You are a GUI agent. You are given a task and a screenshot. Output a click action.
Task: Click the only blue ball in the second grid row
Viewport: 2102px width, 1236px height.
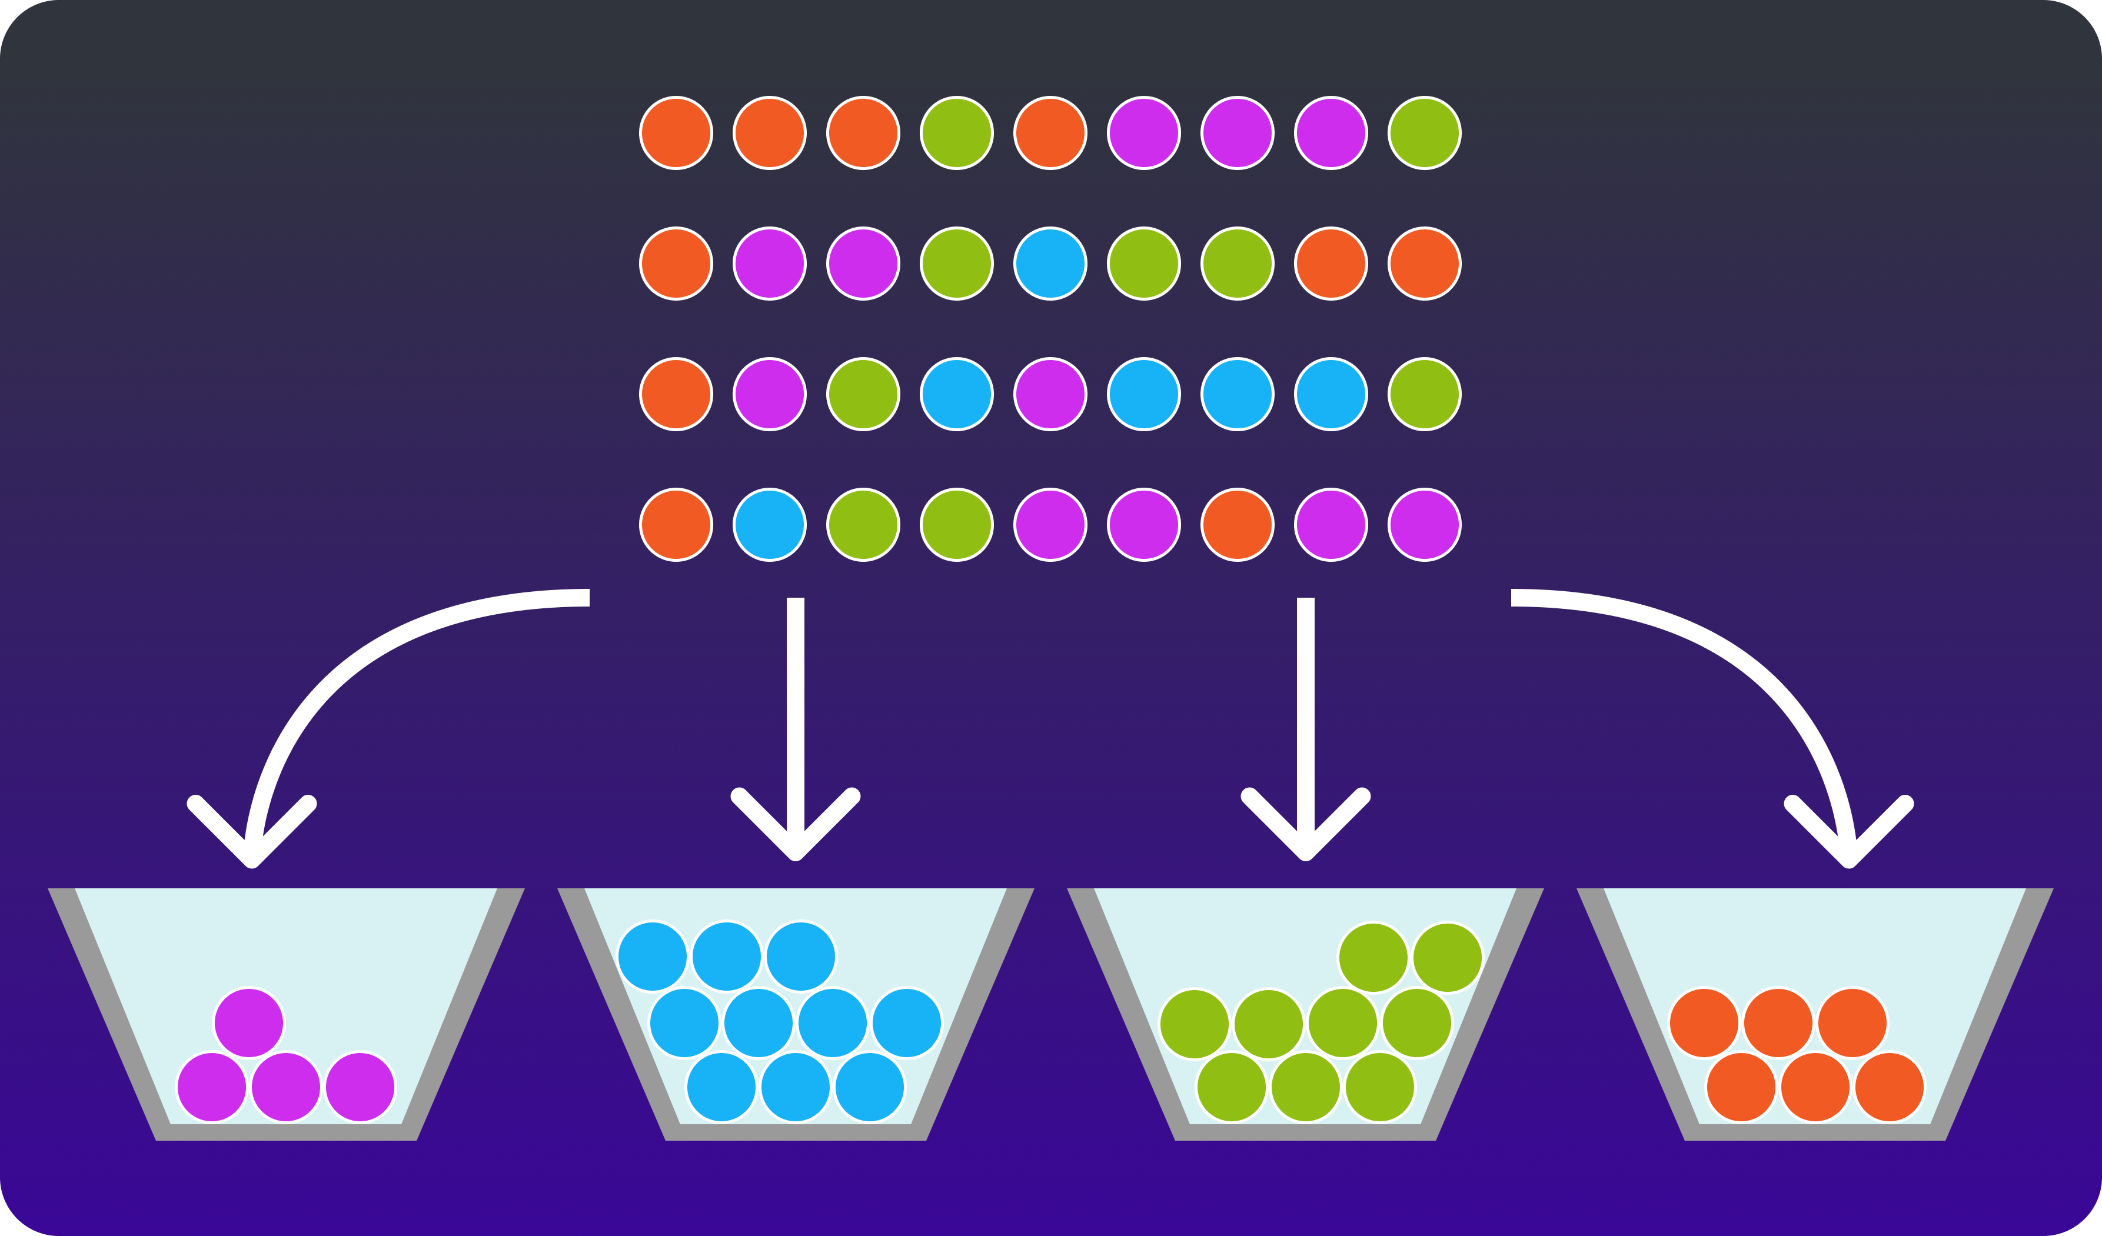tap(1050, 264)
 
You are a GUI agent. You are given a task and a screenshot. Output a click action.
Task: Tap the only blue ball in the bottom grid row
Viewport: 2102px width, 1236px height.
tap(769, 525)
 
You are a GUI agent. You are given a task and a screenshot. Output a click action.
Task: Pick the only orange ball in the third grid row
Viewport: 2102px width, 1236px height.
tap(676, 394)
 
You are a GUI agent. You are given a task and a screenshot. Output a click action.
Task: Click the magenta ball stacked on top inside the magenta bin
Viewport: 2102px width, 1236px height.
tap(248, 1022)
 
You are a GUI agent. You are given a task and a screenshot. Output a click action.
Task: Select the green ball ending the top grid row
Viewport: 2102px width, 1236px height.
tap(1424, 132)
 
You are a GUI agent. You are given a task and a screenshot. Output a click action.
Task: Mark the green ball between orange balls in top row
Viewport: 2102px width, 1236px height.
tap(957, 132)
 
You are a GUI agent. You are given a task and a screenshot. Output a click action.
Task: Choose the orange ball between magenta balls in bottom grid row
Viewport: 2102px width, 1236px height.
tap(1237, 525)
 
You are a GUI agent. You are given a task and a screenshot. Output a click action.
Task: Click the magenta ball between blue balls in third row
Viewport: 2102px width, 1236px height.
tap(1050, 394)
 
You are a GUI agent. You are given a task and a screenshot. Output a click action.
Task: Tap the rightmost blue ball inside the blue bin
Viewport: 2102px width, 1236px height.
tap(907, 1022)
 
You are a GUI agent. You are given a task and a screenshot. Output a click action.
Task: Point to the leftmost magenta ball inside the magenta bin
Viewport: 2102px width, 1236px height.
tap(212, 1087)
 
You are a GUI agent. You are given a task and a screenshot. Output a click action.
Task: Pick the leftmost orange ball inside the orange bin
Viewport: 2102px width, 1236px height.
tap(1704, 1022)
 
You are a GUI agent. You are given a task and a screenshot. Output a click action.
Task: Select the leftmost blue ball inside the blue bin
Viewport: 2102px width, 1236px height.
tap(652, 957)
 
